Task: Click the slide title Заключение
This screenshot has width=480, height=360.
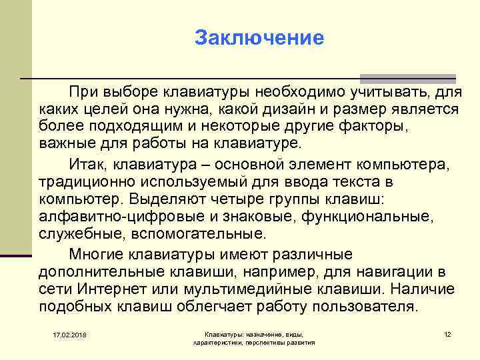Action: (x=259, y=37)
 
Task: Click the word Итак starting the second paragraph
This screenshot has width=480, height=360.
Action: (x=88, y=163)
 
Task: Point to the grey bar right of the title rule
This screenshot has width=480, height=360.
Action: (x=407, y=78)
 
